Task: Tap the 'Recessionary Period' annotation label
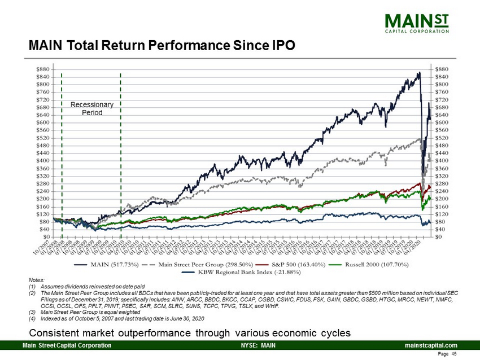91,108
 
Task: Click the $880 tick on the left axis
43,69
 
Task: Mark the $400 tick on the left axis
43,161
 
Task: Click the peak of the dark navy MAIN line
419,73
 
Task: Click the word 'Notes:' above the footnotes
35,280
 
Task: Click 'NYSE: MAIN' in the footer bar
258,345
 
